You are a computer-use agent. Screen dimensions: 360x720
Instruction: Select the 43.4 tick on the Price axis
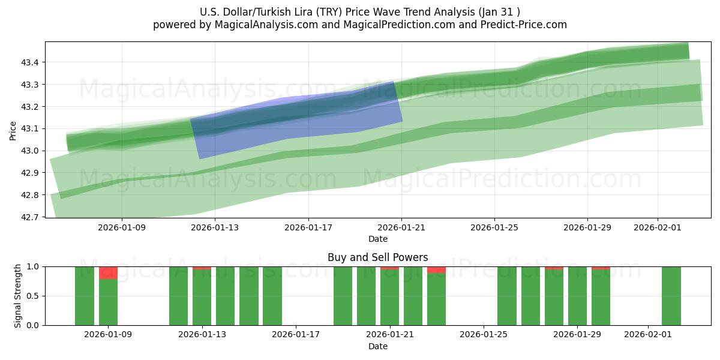31,62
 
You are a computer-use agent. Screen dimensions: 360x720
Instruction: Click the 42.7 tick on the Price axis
31,217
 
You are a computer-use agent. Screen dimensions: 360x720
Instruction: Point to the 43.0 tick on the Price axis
31,151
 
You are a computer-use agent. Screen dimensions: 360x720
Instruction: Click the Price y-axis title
13,130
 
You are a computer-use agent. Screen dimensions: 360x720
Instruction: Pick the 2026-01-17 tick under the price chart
308,228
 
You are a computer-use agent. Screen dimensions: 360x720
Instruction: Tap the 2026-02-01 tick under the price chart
658,228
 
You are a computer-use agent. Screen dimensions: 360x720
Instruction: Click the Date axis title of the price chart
378,239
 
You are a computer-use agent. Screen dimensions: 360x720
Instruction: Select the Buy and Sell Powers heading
378,257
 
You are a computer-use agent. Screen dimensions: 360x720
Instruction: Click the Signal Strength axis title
18,296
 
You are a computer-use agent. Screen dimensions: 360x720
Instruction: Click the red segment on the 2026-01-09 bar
108,273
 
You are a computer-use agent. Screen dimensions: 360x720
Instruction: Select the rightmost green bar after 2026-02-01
671,296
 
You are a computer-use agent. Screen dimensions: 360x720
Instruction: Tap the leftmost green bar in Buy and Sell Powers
85,296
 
